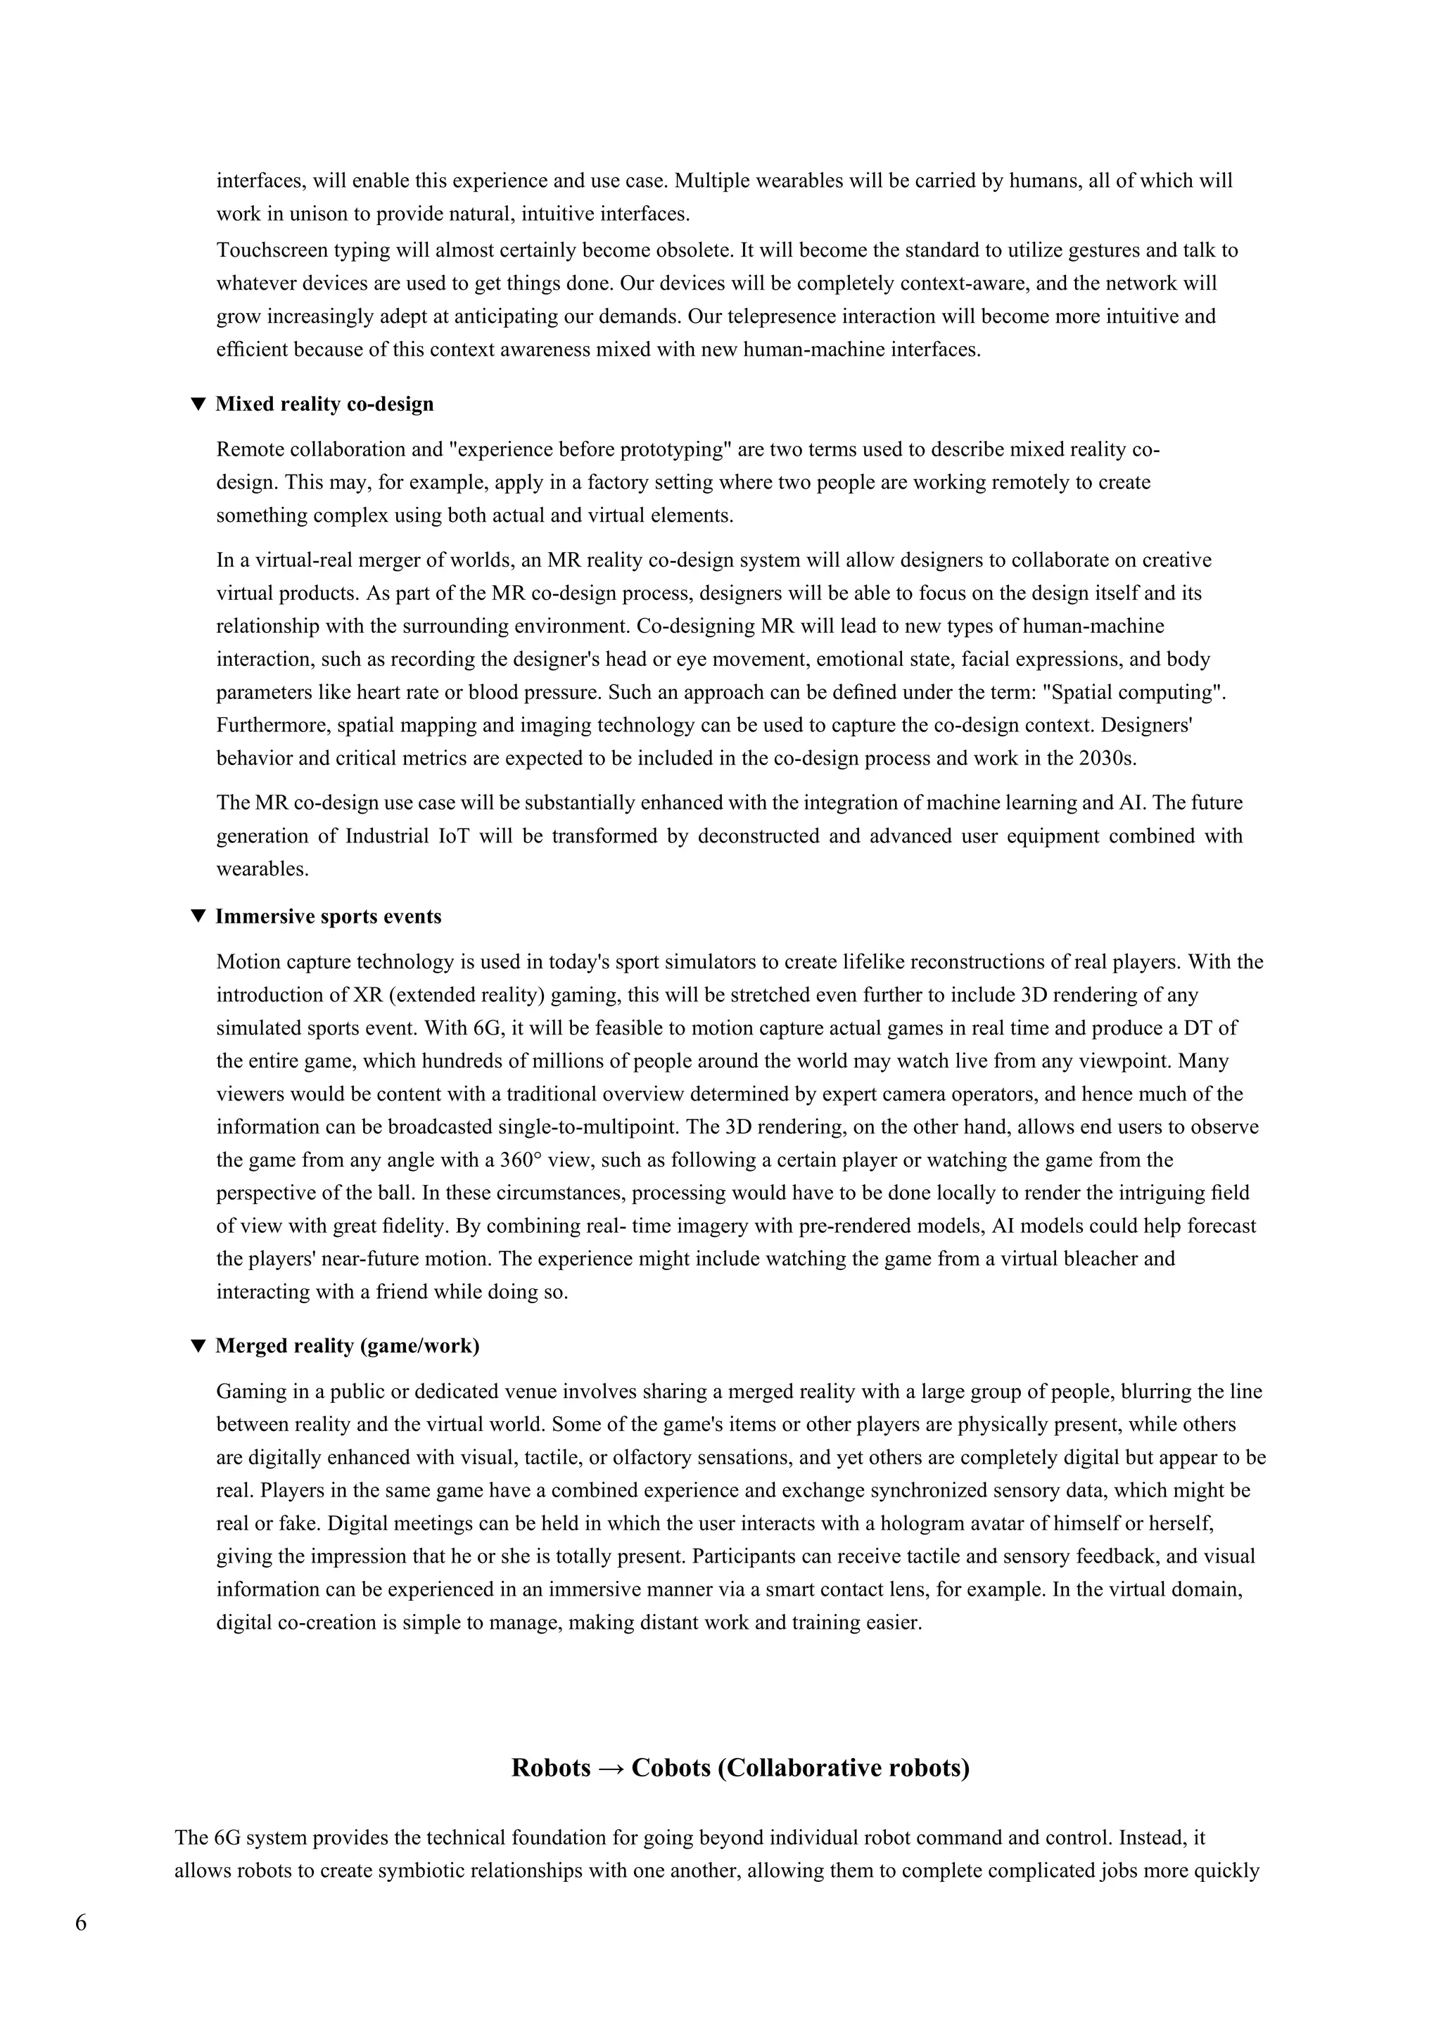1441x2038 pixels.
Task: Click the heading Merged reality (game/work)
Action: pos(347,1345)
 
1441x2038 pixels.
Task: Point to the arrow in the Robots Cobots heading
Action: pos(611,1768)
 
